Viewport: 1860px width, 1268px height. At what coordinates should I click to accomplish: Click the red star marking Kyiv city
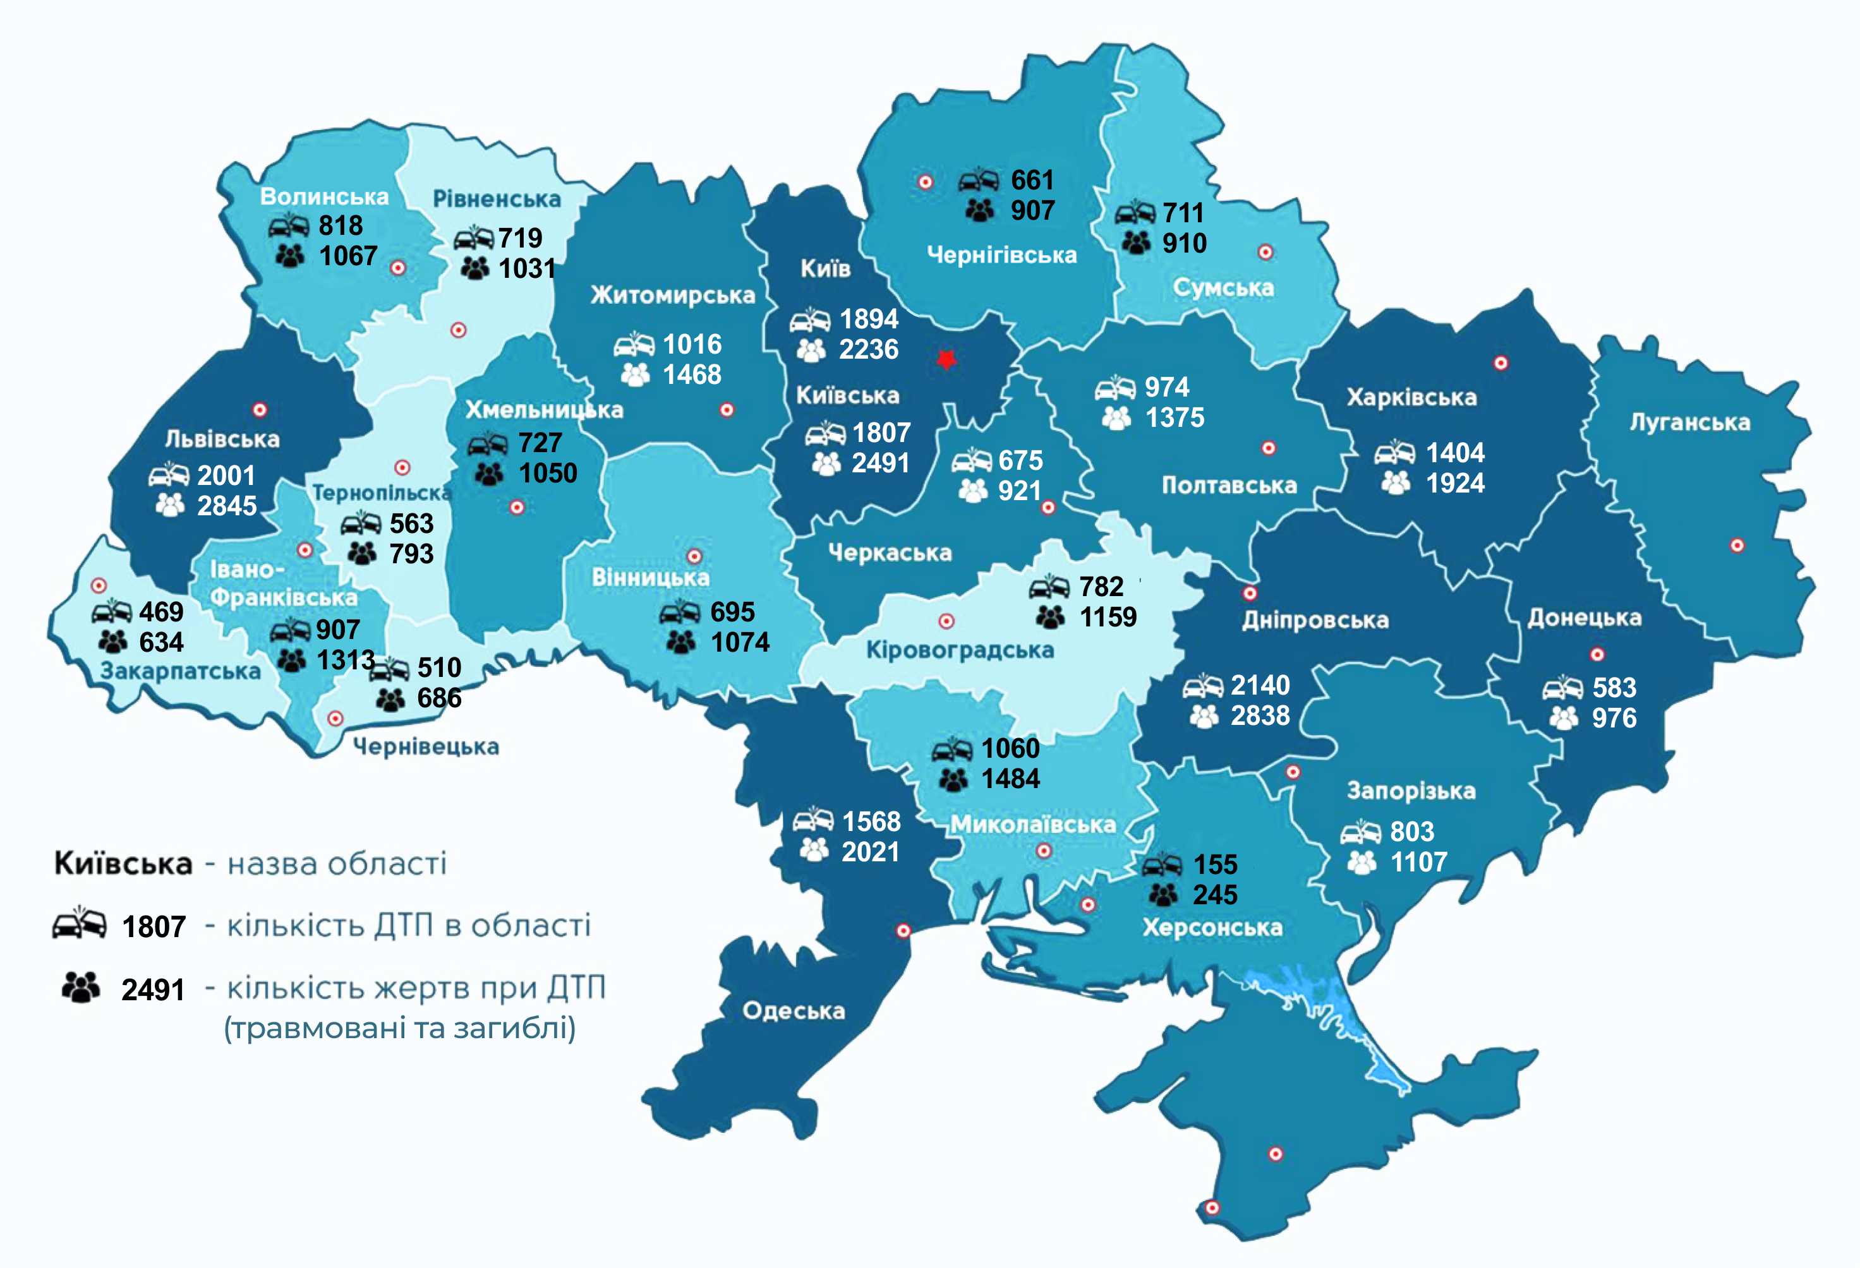click(x=946, y=359)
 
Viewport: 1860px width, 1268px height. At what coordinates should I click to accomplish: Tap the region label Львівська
click(x=222, y=440)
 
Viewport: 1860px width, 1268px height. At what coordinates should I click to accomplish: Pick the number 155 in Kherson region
click(x=1215, y=864)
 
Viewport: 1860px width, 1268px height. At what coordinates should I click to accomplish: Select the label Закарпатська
click(x=180, y=671)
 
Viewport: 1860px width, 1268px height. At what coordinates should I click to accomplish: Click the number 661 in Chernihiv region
click(x=1032, y=180)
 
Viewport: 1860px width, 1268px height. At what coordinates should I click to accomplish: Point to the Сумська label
click(x=1223, y=288)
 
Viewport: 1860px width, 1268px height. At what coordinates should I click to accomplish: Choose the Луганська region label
click(x=1689, y=422)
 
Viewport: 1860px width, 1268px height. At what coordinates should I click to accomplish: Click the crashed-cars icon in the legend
click(x=79, y=923)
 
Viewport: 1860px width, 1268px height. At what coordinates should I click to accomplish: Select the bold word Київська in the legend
click(x=123, y=864)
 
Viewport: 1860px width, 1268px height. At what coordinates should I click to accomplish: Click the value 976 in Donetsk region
click(x=1614, y=717)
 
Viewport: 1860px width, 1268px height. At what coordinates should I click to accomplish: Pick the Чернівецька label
click(x=426, y=746)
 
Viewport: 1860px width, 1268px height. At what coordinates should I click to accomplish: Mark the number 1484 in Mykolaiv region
click(x=1010, y=779)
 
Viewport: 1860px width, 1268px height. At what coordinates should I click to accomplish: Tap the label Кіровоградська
click(x=960, y=650)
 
